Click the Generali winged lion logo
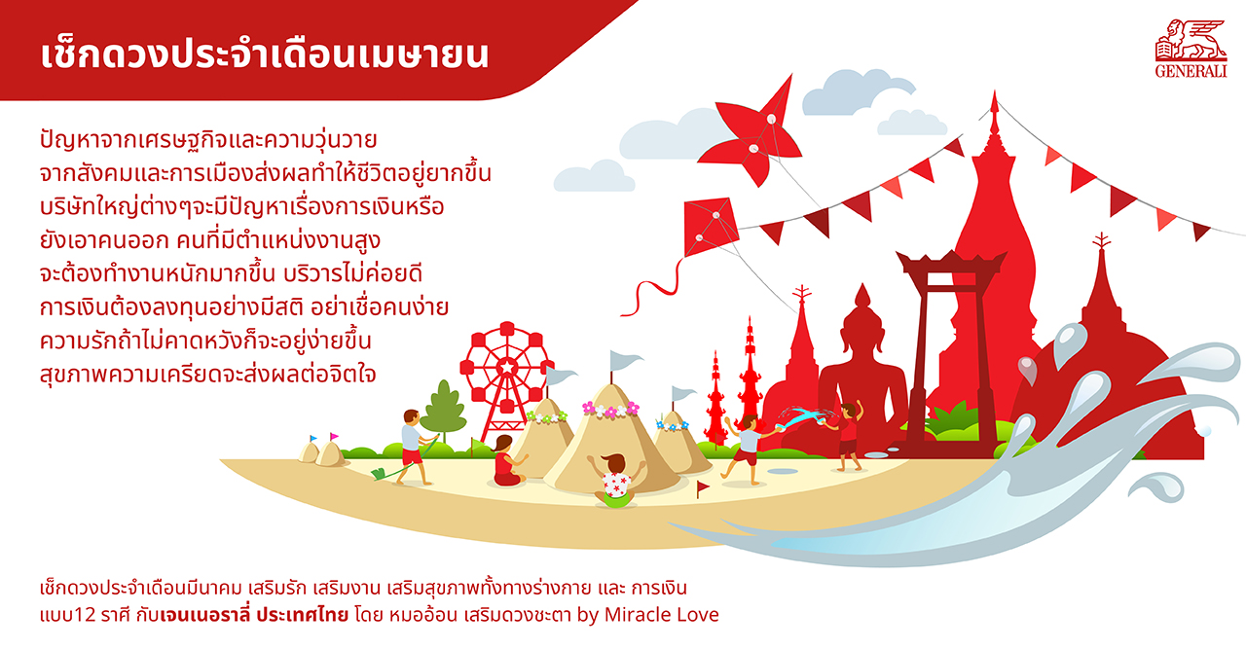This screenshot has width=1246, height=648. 1191,49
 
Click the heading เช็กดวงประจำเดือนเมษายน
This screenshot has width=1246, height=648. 265,54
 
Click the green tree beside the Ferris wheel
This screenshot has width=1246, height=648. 443,409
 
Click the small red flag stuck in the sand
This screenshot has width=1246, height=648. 702,487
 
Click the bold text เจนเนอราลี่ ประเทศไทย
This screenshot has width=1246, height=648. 254,615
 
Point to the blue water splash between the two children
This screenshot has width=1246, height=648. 804,416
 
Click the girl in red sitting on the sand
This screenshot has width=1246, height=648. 507,461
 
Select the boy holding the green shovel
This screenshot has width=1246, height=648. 416,448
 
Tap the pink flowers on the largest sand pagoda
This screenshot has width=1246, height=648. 610,410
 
